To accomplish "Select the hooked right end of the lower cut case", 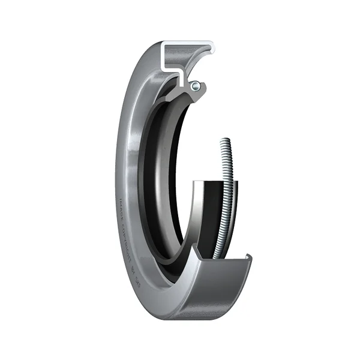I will [x=248, y=260].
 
